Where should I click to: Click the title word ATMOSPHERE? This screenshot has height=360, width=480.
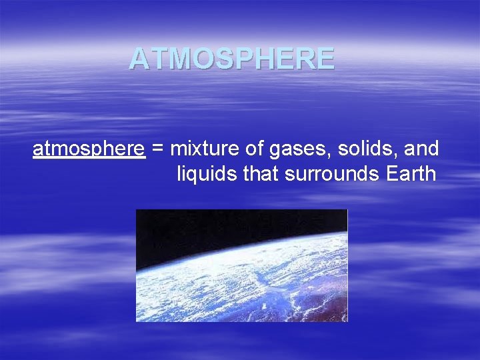point(231,59)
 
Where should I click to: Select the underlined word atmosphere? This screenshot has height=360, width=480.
point(89,149)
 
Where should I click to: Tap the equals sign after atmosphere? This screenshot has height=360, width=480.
point(158,150)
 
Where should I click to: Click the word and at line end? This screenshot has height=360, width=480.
point(419,149)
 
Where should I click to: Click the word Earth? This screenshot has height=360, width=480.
point(411,175)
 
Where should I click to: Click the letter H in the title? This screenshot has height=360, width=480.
point(270,59)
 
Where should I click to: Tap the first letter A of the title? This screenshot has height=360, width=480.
point(139,59)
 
